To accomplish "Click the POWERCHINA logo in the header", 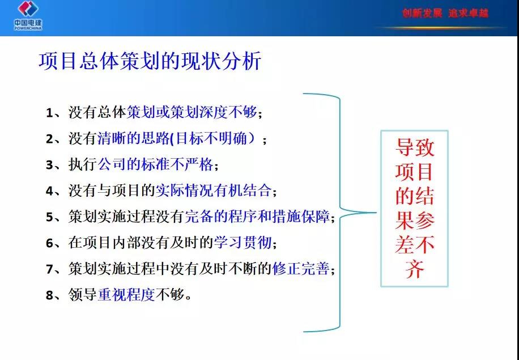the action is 28,15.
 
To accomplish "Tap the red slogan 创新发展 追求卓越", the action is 445,13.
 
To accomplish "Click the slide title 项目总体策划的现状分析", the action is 150,61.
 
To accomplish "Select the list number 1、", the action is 53,113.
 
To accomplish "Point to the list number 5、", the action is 53,217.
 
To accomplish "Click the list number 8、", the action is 53,295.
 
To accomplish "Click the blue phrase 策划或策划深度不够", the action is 192,112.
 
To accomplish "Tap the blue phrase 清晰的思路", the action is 133,138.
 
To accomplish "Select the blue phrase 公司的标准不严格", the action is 156,164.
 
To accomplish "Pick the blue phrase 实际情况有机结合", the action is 214,190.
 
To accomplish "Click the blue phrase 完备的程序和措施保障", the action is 257,216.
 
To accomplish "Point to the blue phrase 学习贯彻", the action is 243,242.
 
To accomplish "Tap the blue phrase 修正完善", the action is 301,268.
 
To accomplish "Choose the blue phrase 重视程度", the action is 126,294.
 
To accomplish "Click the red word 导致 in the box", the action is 415,147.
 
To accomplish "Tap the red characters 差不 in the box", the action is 415,244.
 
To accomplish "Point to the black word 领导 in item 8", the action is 83,294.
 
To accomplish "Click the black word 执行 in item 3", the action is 83,164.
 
